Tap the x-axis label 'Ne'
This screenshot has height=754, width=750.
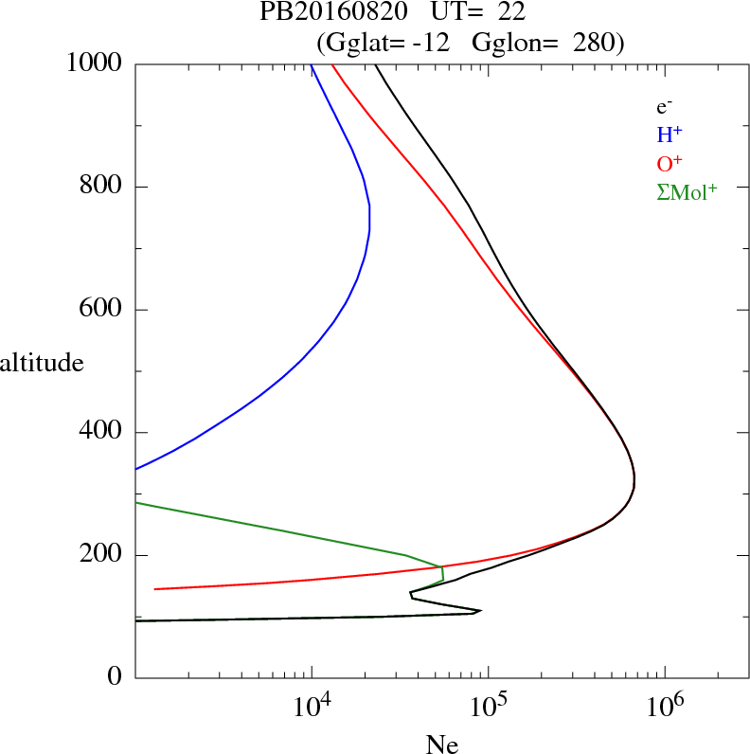click(x=442, y=745)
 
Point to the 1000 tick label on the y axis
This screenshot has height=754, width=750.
click(x=96, y=64)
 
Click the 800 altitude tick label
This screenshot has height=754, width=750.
click(x=102, y=187)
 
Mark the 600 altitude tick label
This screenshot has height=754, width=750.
click(x=102, y=310)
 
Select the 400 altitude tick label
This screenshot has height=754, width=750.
click(x=102, y=433)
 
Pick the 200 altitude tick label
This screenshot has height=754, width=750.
click(x=102, y=555)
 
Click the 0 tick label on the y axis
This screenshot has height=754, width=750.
click(x=116, y=678)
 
